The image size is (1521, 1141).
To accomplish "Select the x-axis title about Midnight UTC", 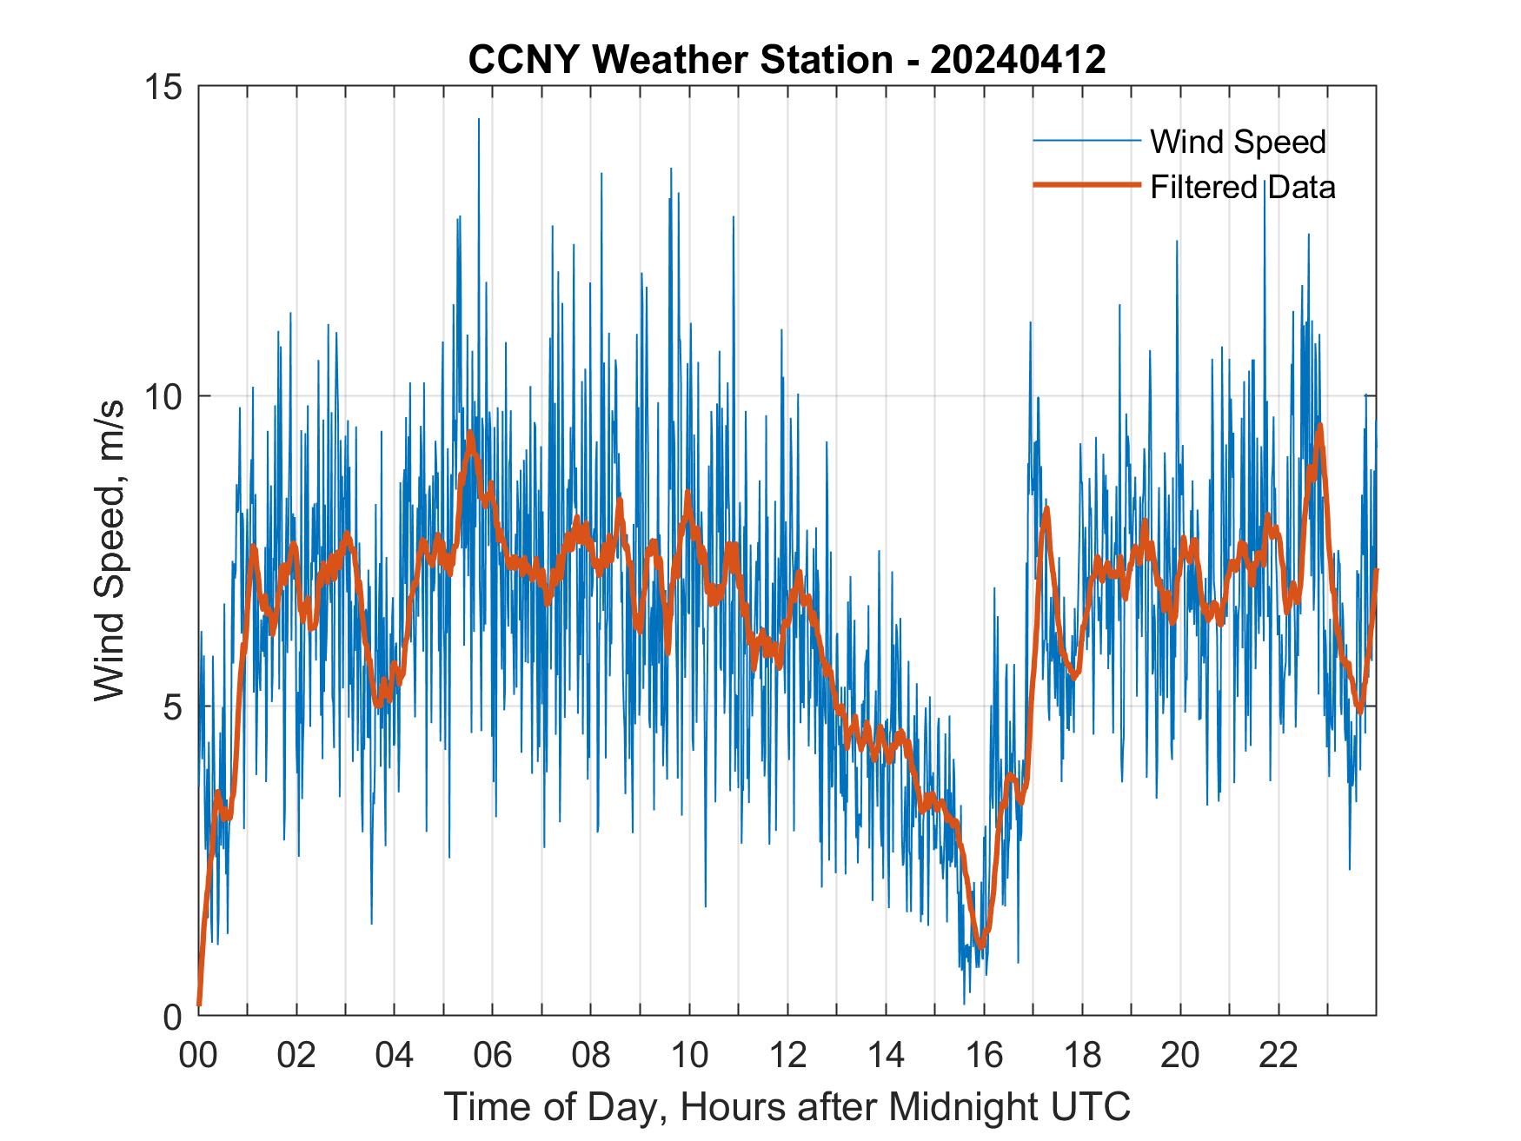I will click(787, 1106).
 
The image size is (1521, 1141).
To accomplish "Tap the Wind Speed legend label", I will click(1238, 142).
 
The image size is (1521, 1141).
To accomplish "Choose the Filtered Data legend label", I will click(1242, 187).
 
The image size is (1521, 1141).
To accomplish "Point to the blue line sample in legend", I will click(1086, 141).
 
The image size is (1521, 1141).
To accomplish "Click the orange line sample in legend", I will click(1086, 185).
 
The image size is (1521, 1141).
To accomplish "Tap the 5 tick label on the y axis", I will click(172, 706).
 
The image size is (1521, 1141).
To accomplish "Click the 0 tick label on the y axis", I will click(172, 1016).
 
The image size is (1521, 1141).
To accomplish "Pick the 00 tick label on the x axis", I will click(198, 1056).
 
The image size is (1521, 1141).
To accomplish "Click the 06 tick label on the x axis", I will click(493, 1056).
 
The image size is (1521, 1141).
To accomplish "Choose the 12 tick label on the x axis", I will click(787, 1056).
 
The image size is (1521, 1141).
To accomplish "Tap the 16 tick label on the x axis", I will click(984, 1056).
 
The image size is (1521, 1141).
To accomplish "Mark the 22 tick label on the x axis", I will click(1279, 1056).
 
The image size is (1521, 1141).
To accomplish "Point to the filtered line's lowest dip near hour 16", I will click(981, 944).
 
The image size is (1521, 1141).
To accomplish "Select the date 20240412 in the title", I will click(1018, 60).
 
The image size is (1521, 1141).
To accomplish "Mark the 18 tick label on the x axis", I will click(1082, 1056).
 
